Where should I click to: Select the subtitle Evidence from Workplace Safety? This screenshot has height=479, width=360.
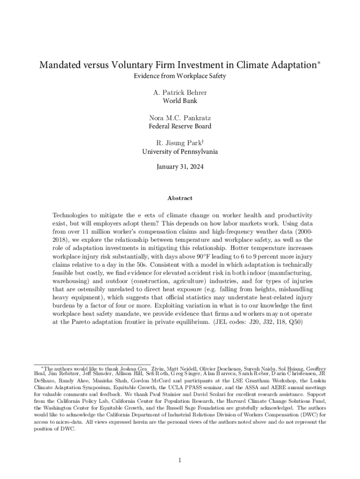point(180,76)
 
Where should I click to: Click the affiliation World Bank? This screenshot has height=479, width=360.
point(180,101)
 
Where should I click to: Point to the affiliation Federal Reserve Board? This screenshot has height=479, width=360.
point(180,126)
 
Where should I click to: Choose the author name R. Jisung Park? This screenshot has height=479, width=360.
point(179,143)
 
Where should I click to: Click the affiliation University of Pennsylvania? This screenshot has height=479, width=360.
point(180,152)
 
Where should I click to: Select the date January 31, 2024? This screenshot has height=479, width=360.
point(180,166)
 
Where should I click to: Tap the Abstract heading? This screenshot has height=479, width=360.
point(180,198)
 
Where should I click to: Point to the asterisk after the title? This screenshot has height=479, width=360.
point(319,62)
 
